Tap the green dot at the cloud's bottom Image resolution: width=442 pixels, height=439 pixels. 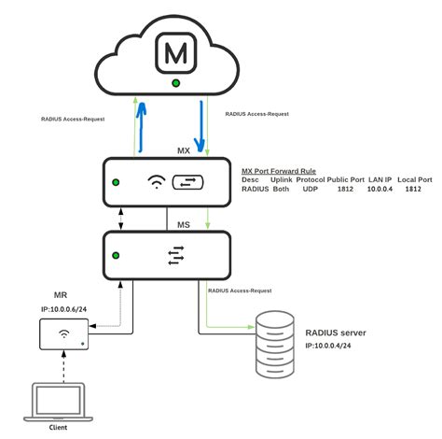tap(174, 84)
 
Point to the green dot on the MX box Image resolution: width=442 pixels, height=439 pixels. tap(116, 182)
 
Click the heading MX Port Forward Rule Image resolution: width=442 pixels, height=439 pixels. tap(278, 172)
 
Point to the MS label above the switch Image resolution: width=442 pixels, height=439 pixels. tap(185, 225)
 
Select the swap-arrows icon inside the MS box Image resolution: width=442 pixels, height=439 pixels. tap(175, 256)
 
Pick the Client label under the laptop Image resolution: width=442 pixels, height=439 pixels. tap(57, 427)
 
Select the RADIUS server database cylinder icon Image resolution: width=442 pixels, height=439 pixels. tap(276, 345)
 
